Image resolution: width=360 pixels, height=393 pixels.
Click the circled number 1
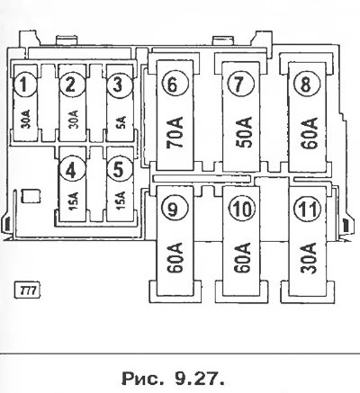click(x=24, y=85)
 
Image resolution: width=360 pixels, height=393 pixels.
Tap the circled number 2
click(x=71, y=85)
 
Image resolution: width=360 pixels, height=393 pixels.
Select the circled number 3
click(x=119, y=85)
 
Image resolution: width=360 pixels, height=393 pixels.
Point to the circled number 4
click(x=71, y=170)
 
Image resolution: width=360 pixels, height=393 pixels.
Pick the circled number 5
click(x=119, y=170)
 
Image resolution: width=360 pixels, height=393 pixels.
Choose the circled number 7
click(x=239, y=84)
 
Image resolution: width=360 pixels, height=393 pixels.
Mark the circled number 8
click(x=306, y=84)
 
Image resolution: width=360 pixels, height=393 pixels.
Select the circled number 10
click(x=242, y=209)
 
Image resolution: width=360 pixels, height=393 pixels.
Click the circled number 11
click(x=308, y=209)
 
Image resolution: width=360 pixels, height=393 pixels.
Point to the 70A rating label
click(x=175, y=133)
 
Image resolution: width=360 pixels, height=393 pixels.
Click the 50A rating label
click(x=242, y=133)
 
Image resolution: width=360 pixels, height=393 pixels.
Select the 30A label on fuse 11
click(x=309, y=258)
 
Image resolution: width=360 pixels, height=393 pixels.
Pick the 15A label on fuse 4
click(x=74, y=201)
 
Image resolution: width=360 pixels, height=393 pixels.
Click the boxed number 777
click(x=28, y=290)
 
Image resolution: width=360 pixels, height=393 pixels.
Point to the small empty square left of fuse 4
click(x=31, y=196)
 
